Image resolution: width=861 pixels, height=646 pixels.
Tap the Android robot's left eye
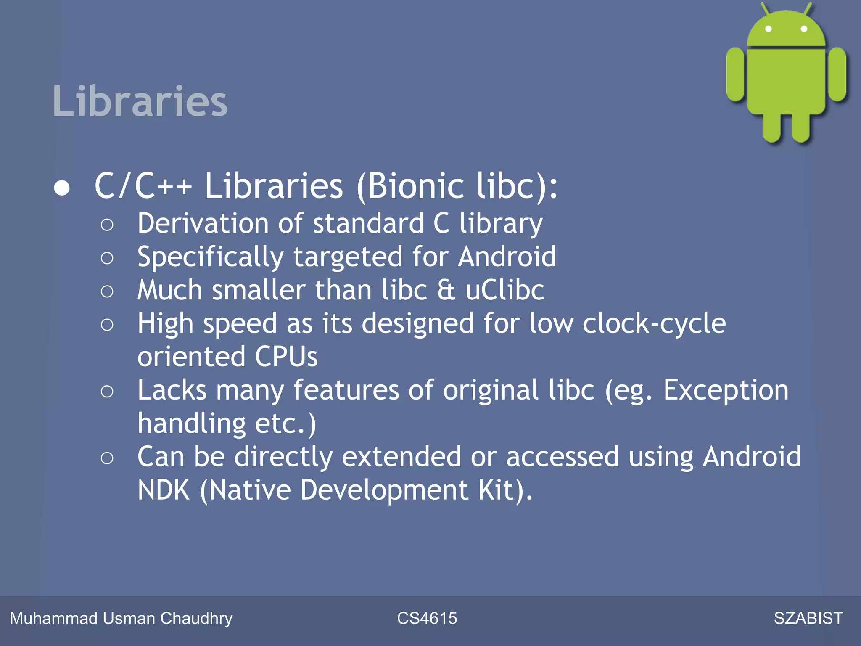(768, 29)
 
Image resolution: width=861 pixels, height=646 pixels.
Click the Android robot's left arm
(735, 75)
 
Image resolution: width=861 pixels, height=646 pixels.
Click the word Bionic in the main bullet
(416, 186)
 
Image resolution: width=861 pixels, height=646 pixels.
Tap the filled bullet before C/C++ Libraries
(62, 188)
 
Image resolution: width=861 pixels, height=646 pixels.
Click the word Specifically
(211, 257)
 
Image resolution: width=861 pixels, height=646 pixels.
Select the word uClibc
(504, 290)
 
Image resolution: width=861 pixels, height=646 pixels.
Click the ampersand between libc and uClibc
(446, 290)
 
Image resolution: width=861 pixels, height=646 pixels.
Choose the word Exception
(726, 390)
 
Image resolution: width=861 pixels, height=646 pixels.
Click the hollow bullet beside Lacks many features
(107, 392)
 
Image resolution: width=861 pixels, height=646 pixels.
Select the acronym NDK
(164, 490)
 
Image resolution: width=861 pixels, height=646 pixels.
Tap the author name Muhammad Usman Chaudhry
(121, 618)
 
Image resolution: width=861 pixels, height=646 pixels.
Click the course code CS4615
(427, 618)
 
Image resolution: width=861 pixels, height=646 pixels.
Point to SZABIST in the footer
(808, 618)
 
